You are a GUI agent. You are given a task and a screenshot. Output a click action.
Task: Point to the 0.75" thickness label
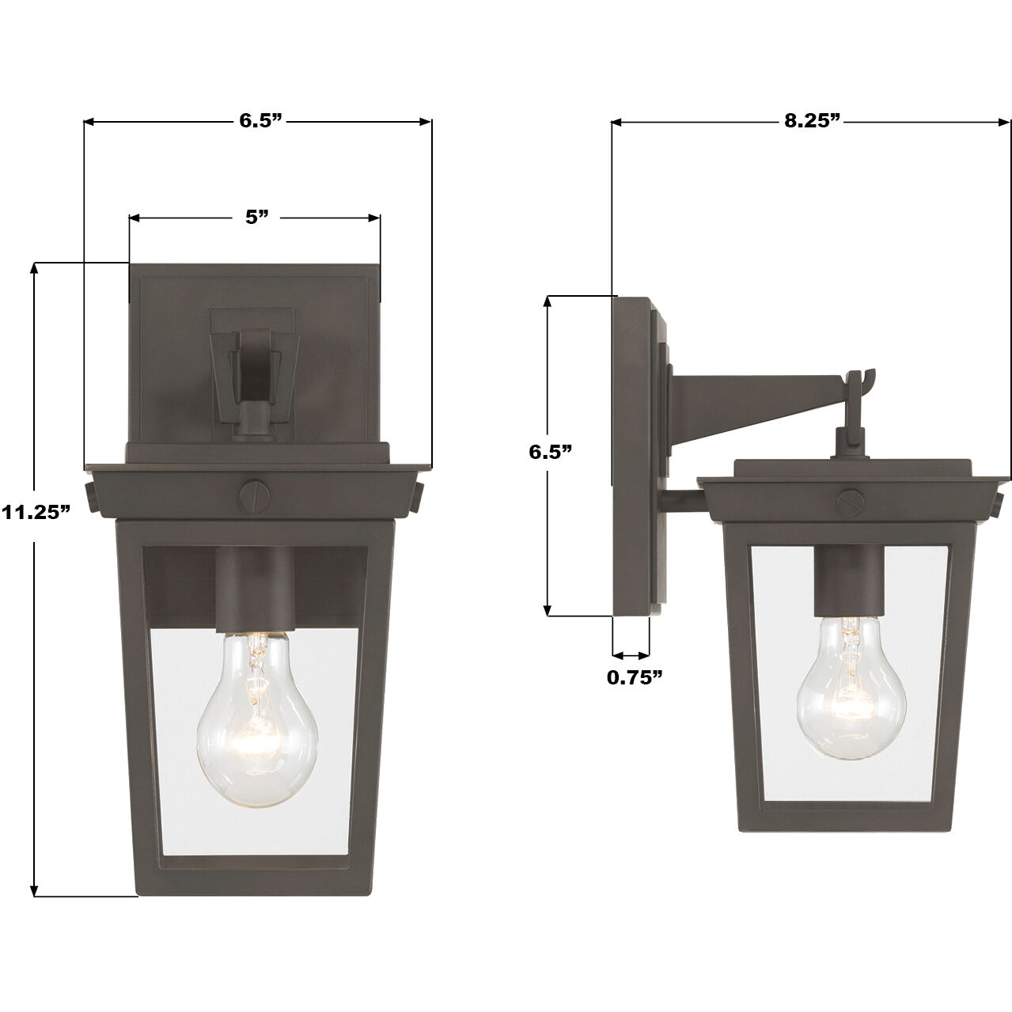[634, 677]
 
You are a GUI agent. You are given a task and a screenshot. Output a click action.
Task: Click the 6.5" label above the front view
[261, 120]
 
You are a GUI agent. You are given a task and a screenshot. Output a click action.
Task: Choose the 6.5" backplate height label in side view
[550, 452]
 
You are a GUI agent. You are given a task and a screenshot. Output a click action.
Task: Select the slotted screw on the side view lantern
[850, 501]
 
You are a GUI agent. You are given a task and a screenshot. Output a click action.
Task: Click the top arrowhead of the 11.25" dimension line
[33, 269]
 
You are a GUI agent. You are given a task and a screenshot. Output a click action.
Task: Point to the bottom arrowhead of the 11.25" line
[33, 889]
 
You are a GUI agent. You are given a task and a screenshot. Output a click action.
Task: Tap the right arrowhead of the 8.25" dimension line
[1005, 122]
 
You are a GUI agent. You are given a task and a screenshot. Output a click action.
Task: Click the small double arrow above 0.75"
[631, 655]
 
